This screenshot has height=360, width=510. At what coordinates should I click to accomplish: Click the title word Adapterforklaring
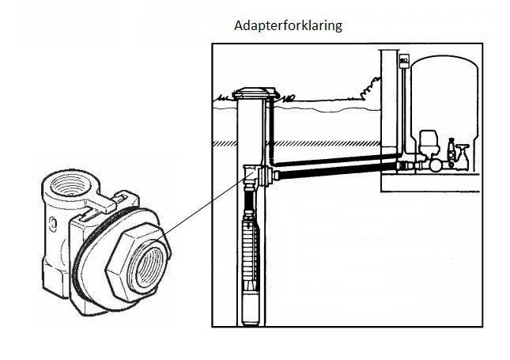pyautogui.click(x=288, y=25)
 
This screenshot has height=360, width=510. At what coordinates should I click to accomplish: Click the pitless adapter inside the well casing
pyautogui.click(x=255, y=176)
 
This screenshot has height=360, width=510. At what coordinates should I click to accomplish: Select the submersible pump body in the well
pyautogui.click(x=251, y=253)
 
